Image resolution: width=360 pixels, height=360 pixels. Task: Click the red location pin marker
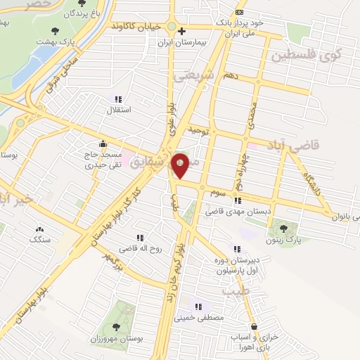pos(181,165)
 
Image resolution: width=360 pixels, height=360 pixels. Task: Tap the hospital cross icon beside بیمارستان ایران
pos(182,31)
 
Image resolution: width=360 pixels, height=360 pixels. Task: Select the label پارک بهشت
pos(58,42)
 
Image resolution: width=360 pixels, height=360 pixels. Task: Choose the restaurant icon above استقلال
pos(118,99)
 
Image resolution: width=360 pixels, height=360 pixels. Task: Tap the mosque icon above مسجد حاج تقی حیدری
pos(103,143)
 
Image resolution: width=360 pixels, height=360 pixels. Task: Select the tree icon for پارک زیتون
pos(284,228)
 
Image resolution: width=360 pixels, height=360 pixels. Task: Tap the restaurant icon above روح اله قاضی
pos(140,238)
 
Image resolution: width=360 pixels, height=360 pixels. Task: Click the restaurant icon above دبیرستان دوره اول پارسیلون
pos(236,249)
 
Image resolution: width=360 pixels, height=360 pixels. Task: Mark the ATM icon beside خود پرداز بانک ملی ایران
pos(240,12)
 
